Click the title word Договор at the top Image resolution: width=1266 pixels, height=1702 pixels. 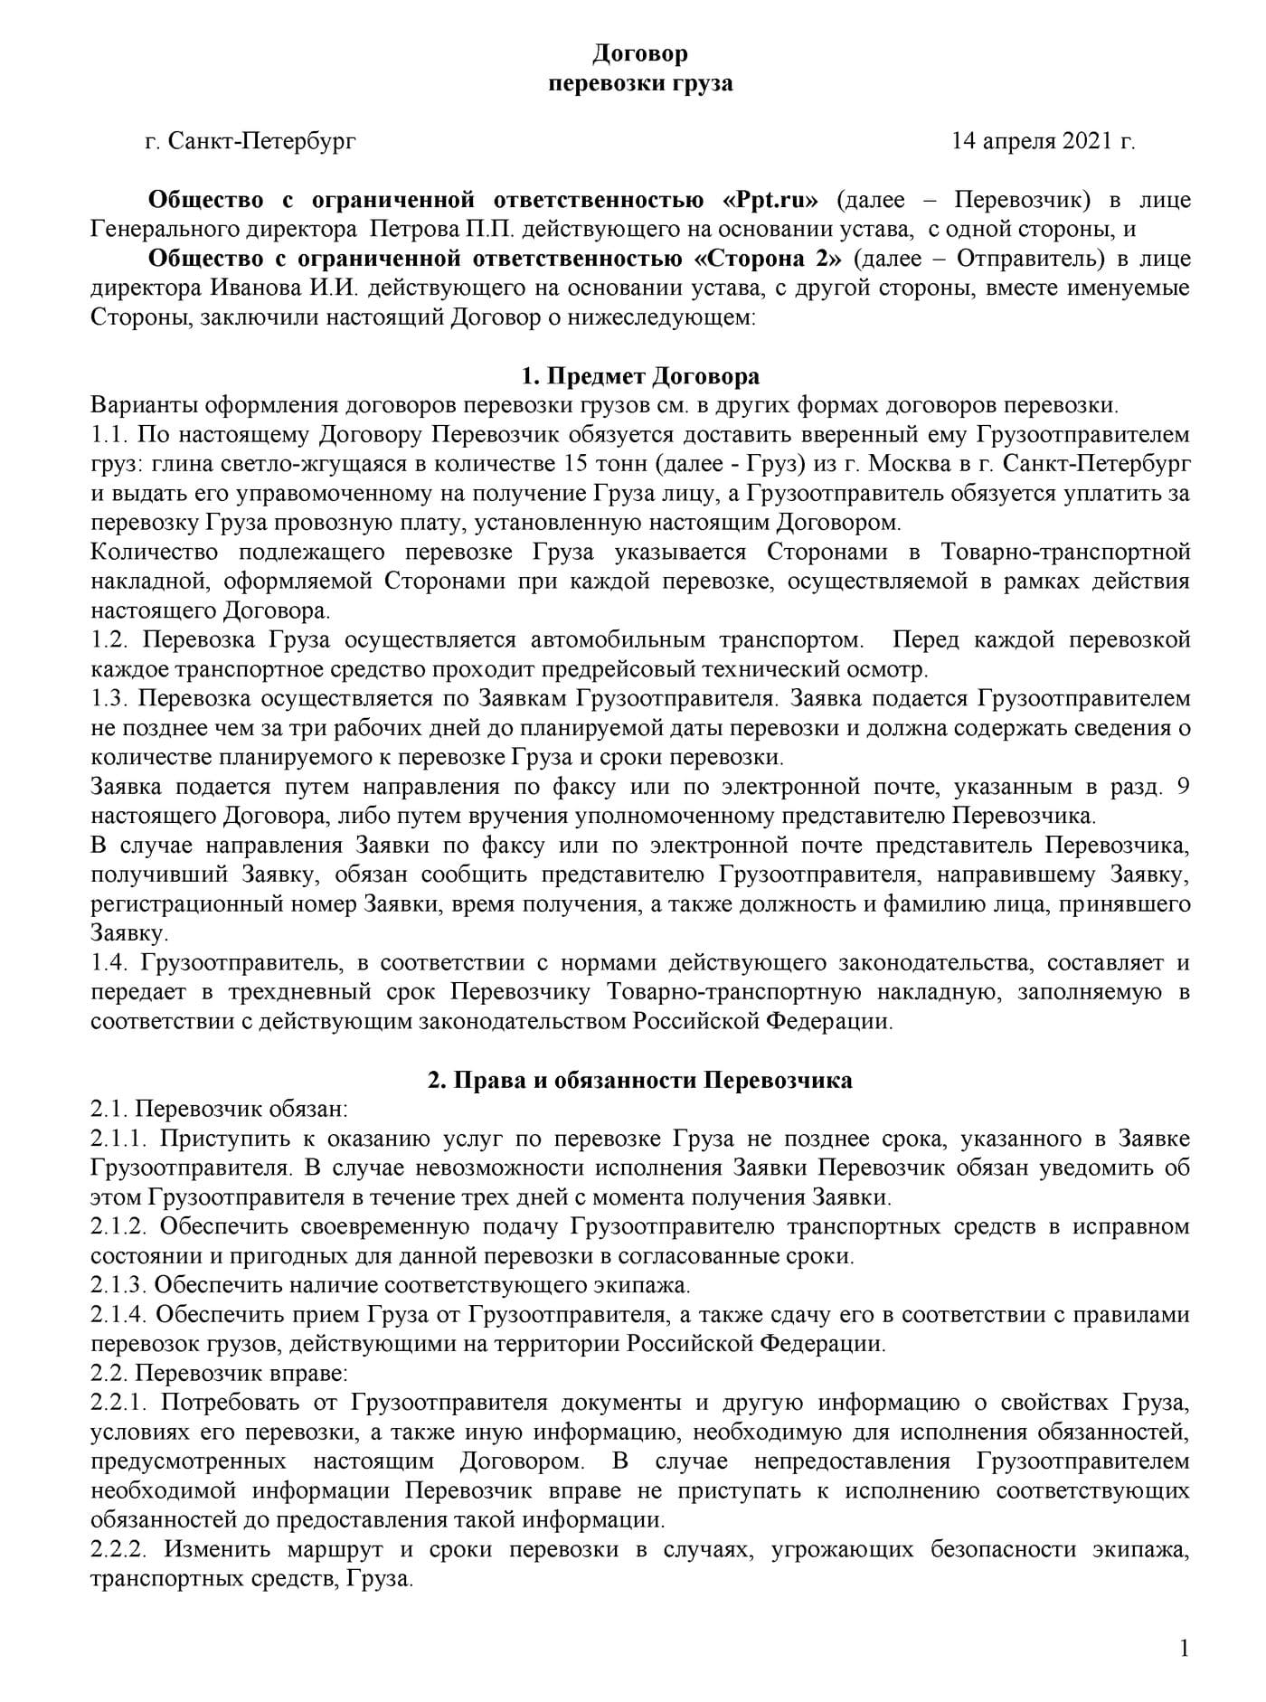tap(640, 54)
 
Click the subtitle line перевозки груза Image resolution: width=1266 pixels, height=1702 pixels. tap(640, 84)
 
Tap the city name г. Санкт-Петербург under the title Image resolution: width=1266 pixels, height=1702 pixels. tap(250, 141)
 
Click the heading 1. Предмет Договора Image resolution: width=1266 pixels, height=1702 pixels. tap(640, 376)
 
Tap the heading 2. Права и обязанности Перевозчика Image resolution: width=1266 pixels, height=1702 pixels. tap(640, 1081)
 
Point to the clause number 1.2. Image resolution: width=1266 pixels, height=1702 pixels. tap(110, 641)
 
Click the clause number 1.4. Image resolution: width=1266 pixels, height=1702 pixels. tap(110, 963)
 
